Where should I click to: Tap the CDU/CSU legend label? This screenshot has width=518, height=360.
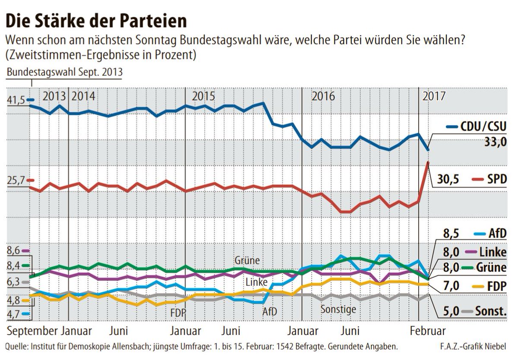483,127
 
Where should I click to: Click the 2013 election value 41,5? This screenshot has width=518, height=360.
16,100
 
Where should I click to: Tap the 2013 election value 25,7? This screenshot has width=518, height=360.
16,180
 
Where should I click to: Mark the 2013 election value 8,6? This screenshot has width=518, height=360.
13,250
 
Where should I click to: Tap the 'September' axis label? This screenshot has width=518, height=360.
32,332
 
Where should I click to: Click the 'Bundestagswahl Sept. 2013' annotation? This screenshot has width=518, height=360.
64,72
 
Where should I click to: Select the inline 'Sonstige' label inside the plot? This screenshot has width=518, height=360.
338,309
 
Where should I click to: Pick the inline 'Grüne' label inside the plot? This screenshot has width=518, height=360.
247,261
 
